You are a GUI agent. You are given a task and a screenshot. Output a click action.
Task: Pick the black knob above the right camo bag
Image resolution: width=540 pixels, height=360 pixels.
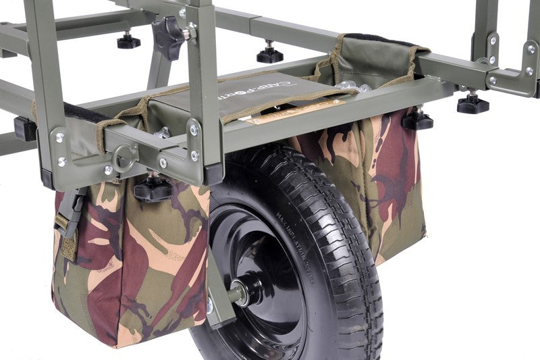coord(417,120)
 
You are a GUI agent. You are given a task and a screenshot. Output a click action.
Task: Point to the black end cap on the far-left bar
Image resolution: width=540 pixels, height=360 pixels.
coord(25,128)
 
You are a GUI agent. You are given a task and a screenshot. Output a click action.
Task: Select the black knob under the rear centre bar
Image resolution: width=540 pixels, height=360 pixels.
coord(270,53)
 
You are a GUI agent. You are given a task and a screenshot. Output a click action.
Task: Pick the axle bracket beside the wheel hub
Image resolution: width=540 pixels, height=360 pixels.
coord(219,297)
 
